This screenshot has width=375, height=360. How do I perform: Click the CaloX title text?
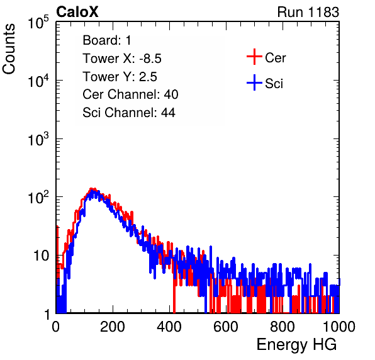[77, 12]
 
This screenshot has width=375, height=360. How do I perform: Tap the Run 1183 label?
[308, 12]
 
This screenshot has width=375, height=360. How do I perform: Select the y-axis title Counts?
[9, 49]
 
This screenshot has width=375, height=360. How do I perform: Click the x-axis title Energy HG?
[296, 345]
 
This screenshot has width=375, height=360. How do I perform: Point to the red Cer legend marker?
[254, 57]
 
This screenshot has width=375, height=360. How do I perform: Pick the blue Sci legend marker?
[254, 82]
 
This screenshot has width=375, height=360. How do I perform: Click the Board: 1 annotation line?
[107, 40]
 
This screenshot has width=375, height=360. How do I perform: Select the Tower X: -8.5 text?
[122, 59]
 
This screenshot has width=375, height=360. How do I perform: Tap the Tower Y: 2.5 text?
[120, 77]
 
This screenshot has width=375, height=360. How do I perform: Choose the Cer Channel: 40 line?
[130, 94]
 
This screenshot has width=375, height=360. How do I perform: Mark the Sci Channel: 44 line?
[129, 113]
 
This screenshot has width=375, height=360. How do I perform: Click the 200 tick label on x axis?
[113, 327]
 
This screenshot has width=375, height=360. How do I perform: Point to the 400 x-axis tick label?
[169, 327]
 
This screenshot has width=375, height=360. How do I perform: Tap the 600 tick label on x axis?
[226, 327]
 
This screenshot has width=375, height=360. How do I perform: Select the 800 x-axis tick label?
[283, 327]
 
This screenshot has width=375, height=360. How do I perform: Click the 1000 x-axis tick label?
[339, 327]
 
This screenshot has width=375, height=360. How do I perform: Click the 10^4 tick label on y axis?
[38, 81]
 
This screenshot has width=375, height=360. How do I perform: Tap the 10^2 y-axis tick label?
[38, 197]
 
